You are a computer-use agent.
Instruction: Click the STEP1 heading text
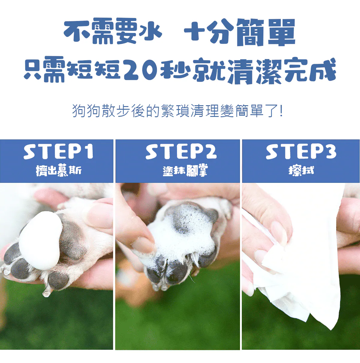click(58, 152)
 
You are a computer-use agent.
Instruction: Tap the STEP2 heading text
click(181, 152)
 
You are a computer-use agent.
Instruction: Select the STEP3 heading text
click(301, 152)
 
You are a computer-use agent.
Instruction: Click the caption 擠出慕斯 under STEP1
click(58, 170)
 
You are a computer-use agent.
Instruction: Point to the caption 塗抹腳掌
click(185, 170)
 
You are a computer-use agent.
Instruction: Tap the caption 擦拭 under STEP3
click(301, 171)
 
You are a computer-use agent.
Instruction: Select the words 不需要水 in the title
click(113, 31)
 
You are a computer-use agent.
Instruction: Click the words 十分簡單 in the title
click(239, 32)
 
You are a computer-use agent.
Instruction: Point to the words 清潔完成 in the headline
click(282, 71)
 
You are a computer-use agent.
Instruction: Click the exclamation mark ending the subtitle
click(281, 111)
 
